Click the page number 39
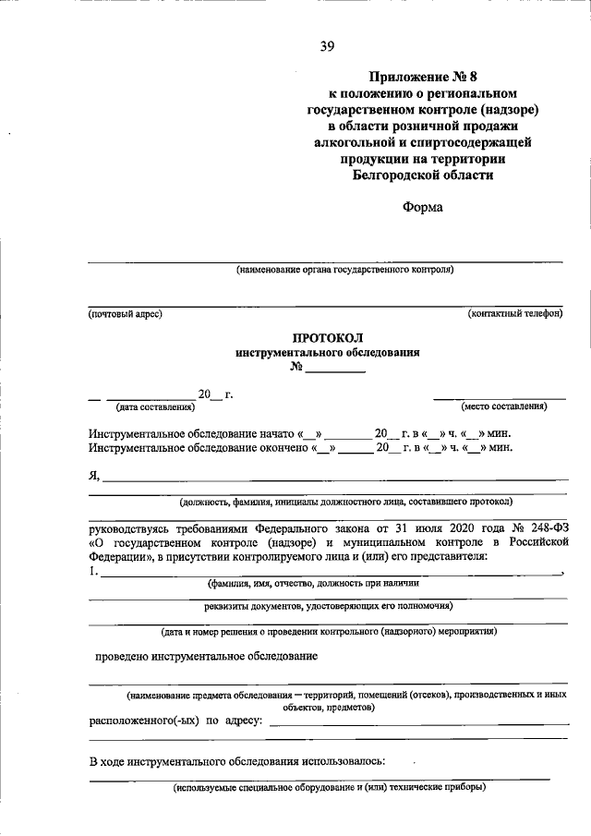326,48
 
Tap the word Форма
422,207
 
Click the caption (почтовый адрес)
126,314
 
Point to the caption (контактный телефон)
515,314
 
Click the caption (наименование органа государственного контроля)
344,271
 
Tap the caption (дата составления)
155,406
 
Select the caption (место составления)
504,406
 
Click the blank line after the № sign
335,370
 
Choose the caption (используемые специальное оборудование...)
328,788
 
